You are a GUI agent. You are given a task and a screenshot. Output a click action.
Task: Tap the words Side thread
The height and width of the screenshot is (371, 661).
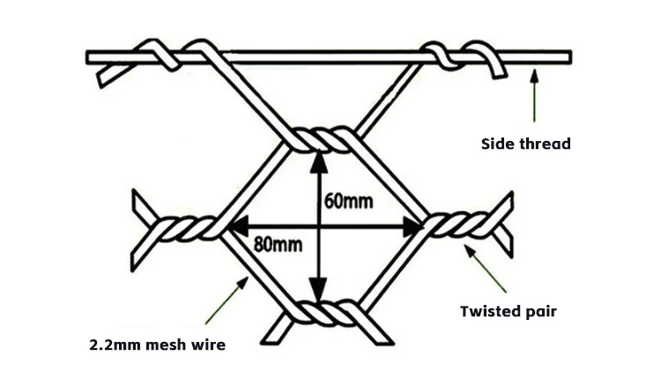tap(525, 144)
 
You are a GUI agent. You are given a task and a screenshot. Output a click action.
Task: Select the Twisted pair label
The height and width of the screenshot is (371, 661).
tap(509, 310)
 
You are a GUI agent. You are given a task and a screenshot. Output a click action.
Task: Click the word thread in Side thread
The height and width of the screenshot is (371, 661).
tap(547, 144)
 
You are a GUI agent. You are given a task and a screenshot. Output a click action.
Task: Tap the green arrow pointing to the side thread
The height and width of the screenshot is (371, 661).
tap(532, 96)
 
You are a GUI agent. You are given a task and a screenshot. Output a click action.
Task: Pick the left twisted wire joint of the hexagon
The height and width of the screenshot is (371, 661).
tap(187, 232)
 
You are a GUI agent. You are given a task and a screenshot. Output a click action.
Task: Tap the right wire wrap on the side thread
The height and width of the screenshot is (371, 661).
tap(445, 56)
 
